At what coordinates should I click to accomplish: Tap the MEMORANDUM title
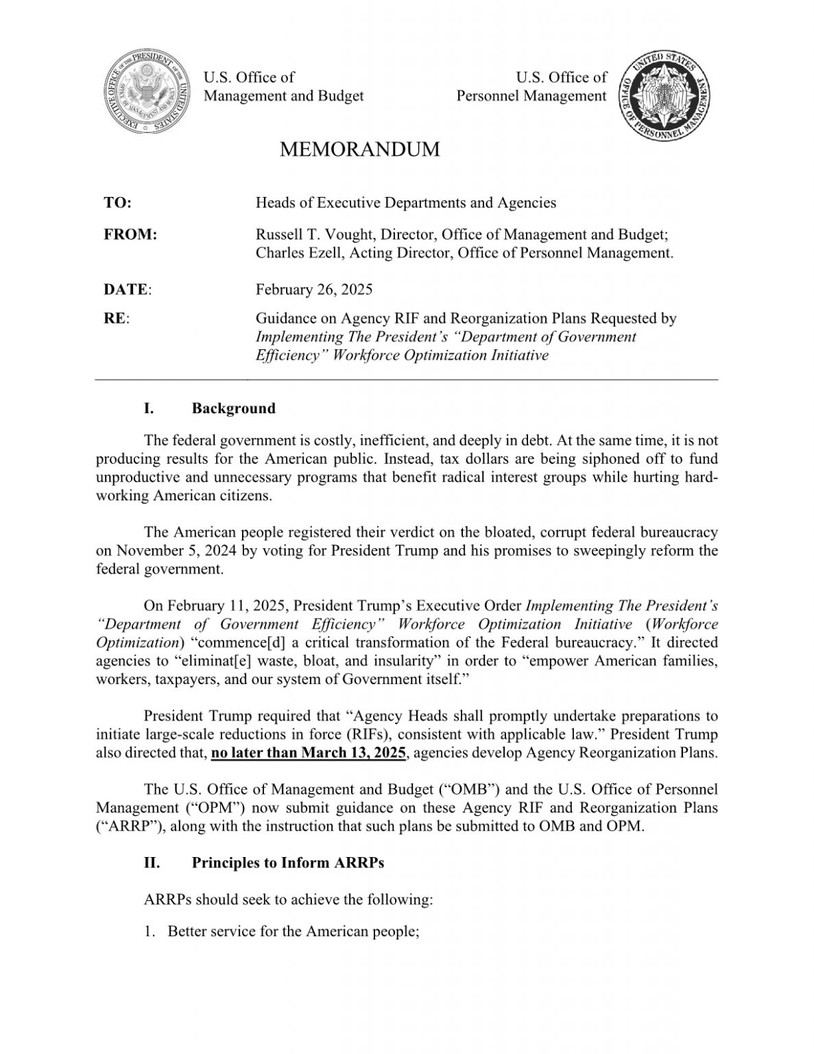tap(359, 149)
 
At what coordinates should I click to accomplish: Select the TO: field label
tap(117, 202)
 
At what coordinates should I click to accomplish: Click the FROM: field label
tap(130, 235)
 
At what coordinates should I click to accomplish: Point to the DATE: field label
tap(128, 289)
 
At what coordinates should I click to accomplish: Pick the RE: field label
tap(117, 318)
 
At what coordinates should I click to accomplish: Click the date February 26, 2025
tap(314, 289)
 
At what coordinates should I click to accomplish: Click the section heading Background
tap(233, 408)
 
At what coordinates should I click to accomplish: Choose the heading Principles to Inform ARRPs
tap(287, 863)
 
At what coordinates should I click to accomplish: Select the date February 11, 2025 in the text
tap(230, 606)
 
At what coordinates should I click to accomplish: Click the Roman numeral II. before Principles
tap(152, 863)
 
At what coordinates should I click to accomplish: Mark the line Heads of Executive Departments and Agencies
tap(405, 202)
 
